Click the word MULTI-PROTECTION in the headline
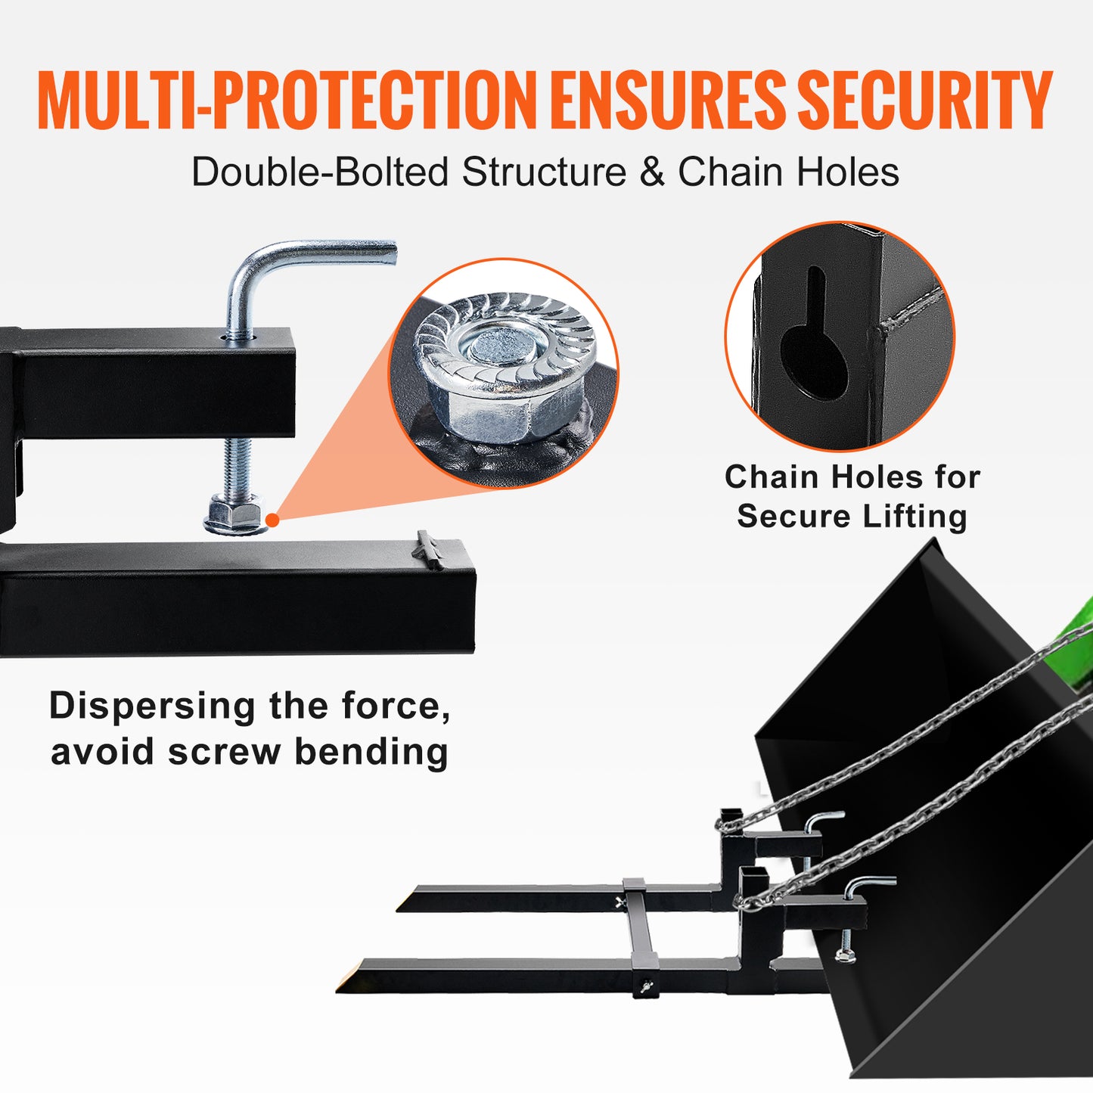click(287, 100)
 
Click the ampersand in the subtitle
click(652, 171)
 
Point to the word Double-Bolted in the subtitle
click(321, 171)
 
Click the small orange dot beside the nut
click(272, 520)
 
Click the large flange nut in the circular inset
click(504, 368)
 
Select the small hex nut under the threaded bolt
click(235, 514)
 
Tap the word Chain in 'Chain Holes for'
click(766, 477)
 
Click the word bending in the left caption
click(371, 752)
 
